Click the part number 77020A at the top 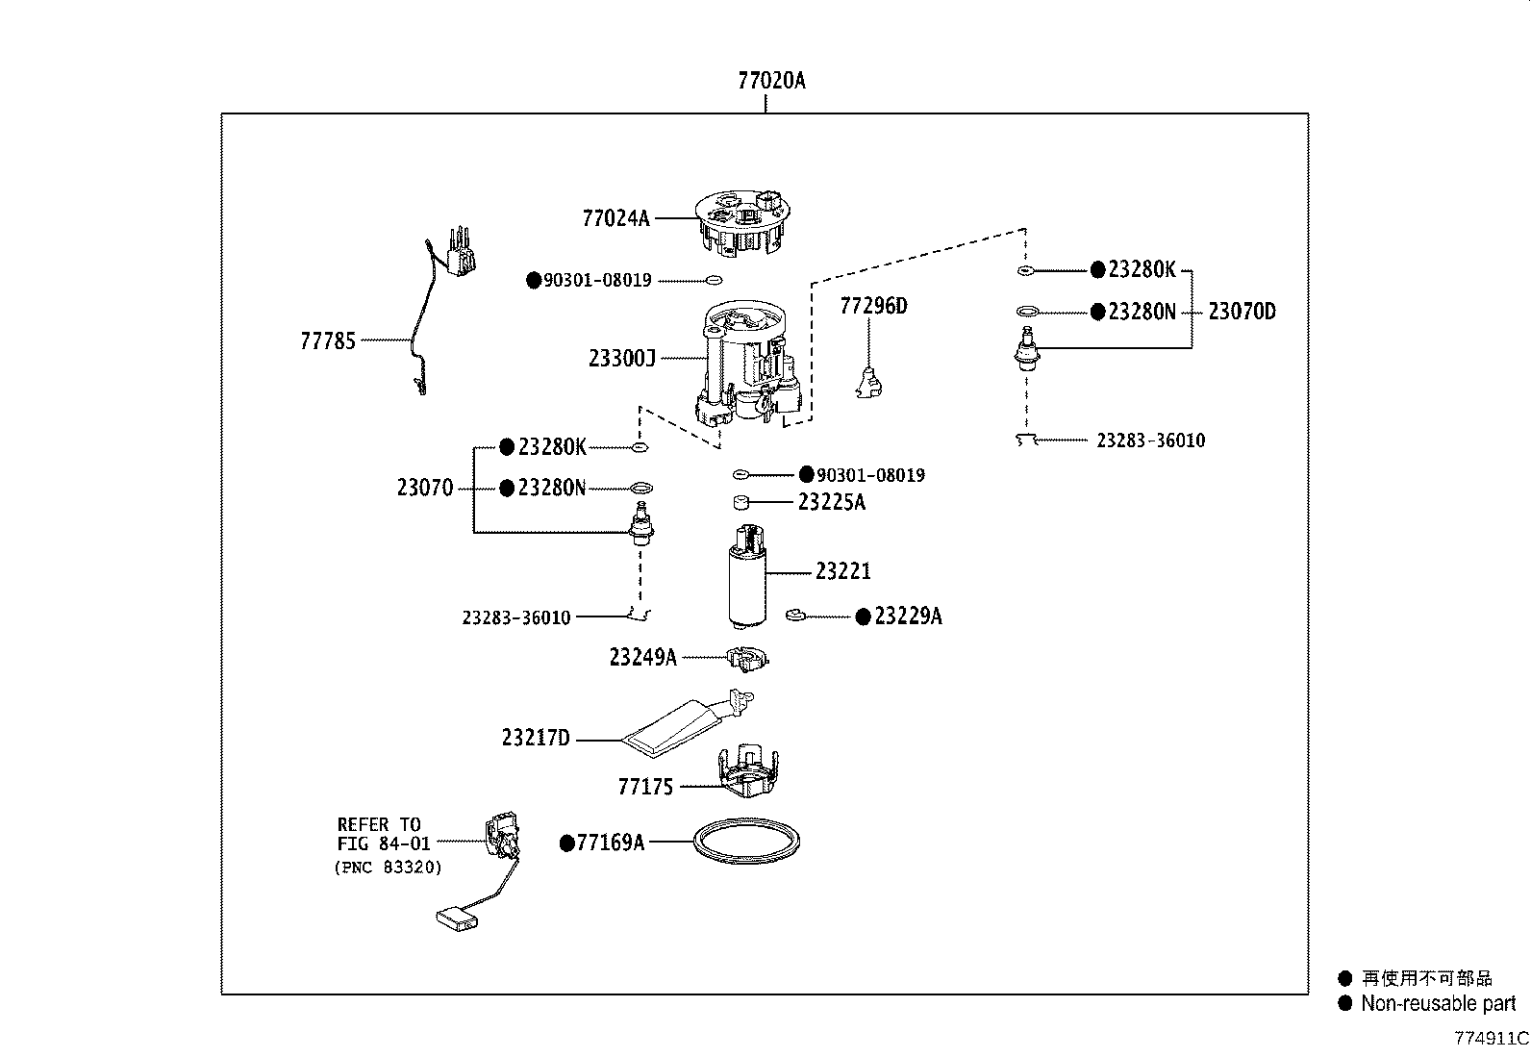[771, 81]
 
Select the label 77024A [615, 218]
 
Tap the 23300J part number [622, 359]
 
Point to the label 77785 [328, 340]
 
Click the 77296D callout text [873, 306]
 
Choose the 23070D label [1242, 312]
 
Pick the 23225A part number [831, 502]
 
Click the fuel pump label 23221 [843, 571]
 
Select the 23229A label [908, 617]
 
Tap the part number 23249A [642, 657]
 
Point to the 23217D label [536, 739]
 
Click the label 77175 [645, 787]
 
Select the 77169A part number [610, 843]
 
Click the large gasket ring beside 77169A [747, 842]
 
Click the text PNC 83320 [389, 868]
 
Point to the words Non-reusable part [1438, 1004]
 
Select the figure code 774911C [1491, 1039]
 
